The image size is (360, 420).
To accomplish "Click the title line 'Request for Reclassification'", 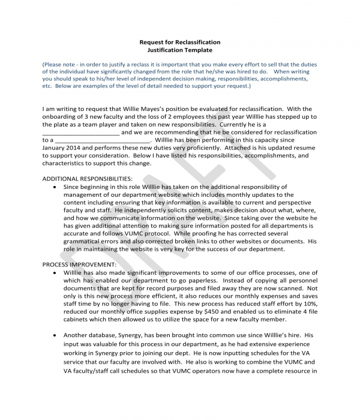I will pyautogui.click(x=179, y=42).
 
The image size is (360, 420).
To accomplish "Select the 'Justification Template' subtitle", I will pyautogui.click(x=179, y=50).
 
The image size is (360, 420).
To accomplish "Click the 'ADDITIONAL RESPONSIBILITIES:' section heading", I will pyautogui.click(x=88, y=179).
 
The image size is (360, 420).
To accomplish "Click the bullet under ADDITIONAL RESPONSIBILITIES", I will pyautogui.click(x=56, y=187).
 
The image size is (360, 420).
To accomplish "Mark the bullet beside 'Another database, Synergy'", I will pyautogui.click(x=56, y=334).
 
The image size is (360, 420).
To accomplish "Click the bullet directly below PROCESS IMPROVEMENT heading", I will pyautogui.click(x=56, y=272).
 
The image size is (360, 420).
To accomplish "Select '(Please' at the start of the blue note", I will pyautogui.click(x=53, y=64).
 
